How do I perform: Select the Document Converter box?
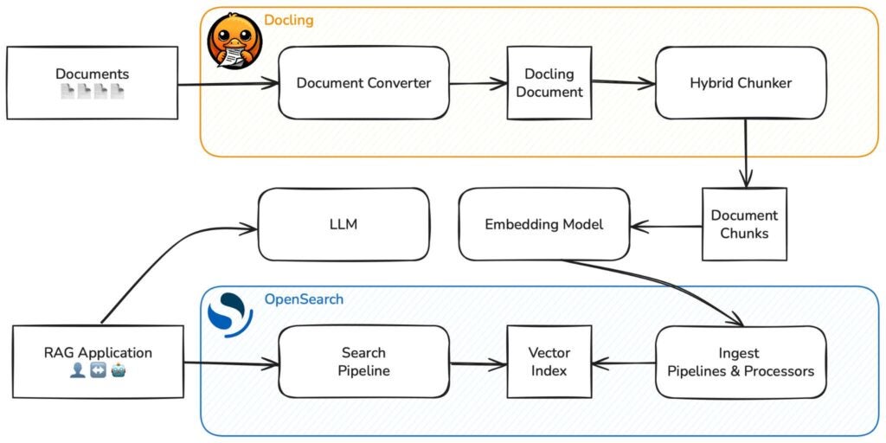click(363, 83)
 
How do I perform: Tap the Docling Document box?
click(549, 83)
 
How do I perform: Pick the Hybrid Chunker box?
click(741, 83)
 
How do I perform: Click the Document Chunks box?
click(744, 223)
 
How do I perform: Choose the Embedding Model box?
click(544, 224)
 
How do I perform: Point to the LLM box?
click(343, 224)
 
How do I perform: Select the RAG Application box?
click(98, 362)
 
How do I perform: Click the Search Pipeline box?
click(363, 362)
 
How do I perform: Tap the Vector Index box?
click(549, 362)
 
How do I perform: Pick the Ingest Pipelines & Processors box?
click(741, 362)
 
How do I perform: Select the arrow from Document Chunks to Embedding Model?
click(666, 227)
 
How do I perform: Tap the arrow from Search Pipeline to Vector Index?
click(478, 363)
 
